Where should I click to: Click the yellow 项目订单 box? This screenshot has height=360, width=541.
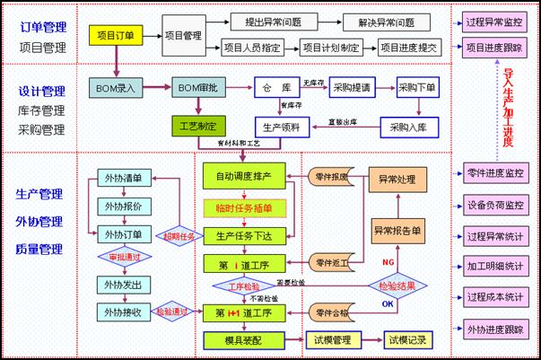(118, 36)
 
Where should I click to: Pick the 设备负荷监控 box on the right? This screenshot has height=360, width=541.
(495, 205)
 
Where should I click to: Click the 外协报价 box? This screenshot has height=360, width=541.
(123, 206)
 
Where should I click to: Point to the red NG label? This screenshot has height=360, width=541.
(388, 260)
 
